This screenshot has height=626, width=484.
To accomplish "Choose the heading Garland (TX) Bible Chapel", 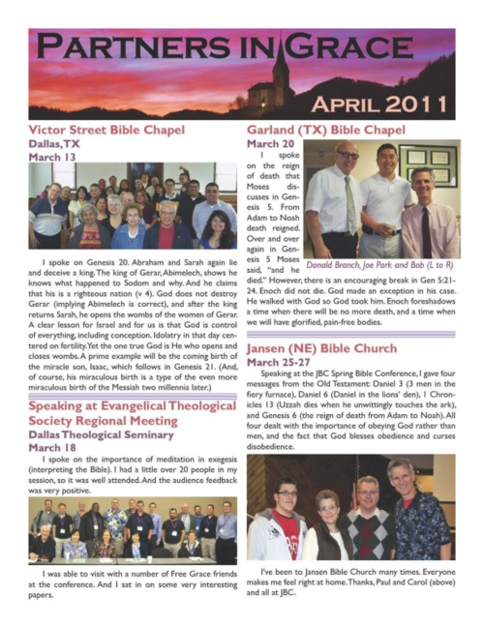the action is pos(325,129).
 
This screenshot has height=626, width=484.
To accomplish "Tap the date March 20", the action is pos(272,143).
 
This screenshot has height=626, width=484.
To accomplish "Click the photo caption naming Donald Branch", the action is pos(379,262).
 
